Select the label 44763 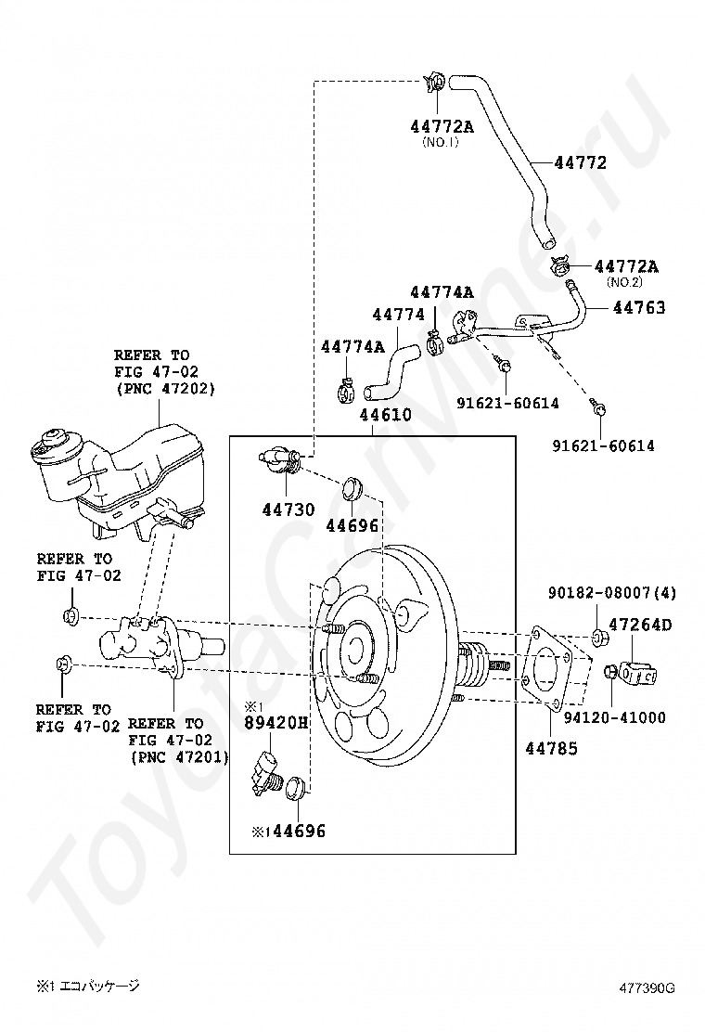click(638, 307)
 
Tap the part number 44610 click(386, 415)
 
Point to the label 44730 click(288, 510)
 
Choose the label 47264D click(640, 625)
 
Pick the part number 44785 click(551, 747)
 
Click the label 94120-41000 click(614, 717)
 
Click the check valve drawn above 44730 click(279, 458)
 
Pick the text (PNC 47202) click(165, 389)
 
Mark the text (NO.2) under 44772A click(624, 282)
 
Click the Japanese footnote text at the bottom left click(88, 986)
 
